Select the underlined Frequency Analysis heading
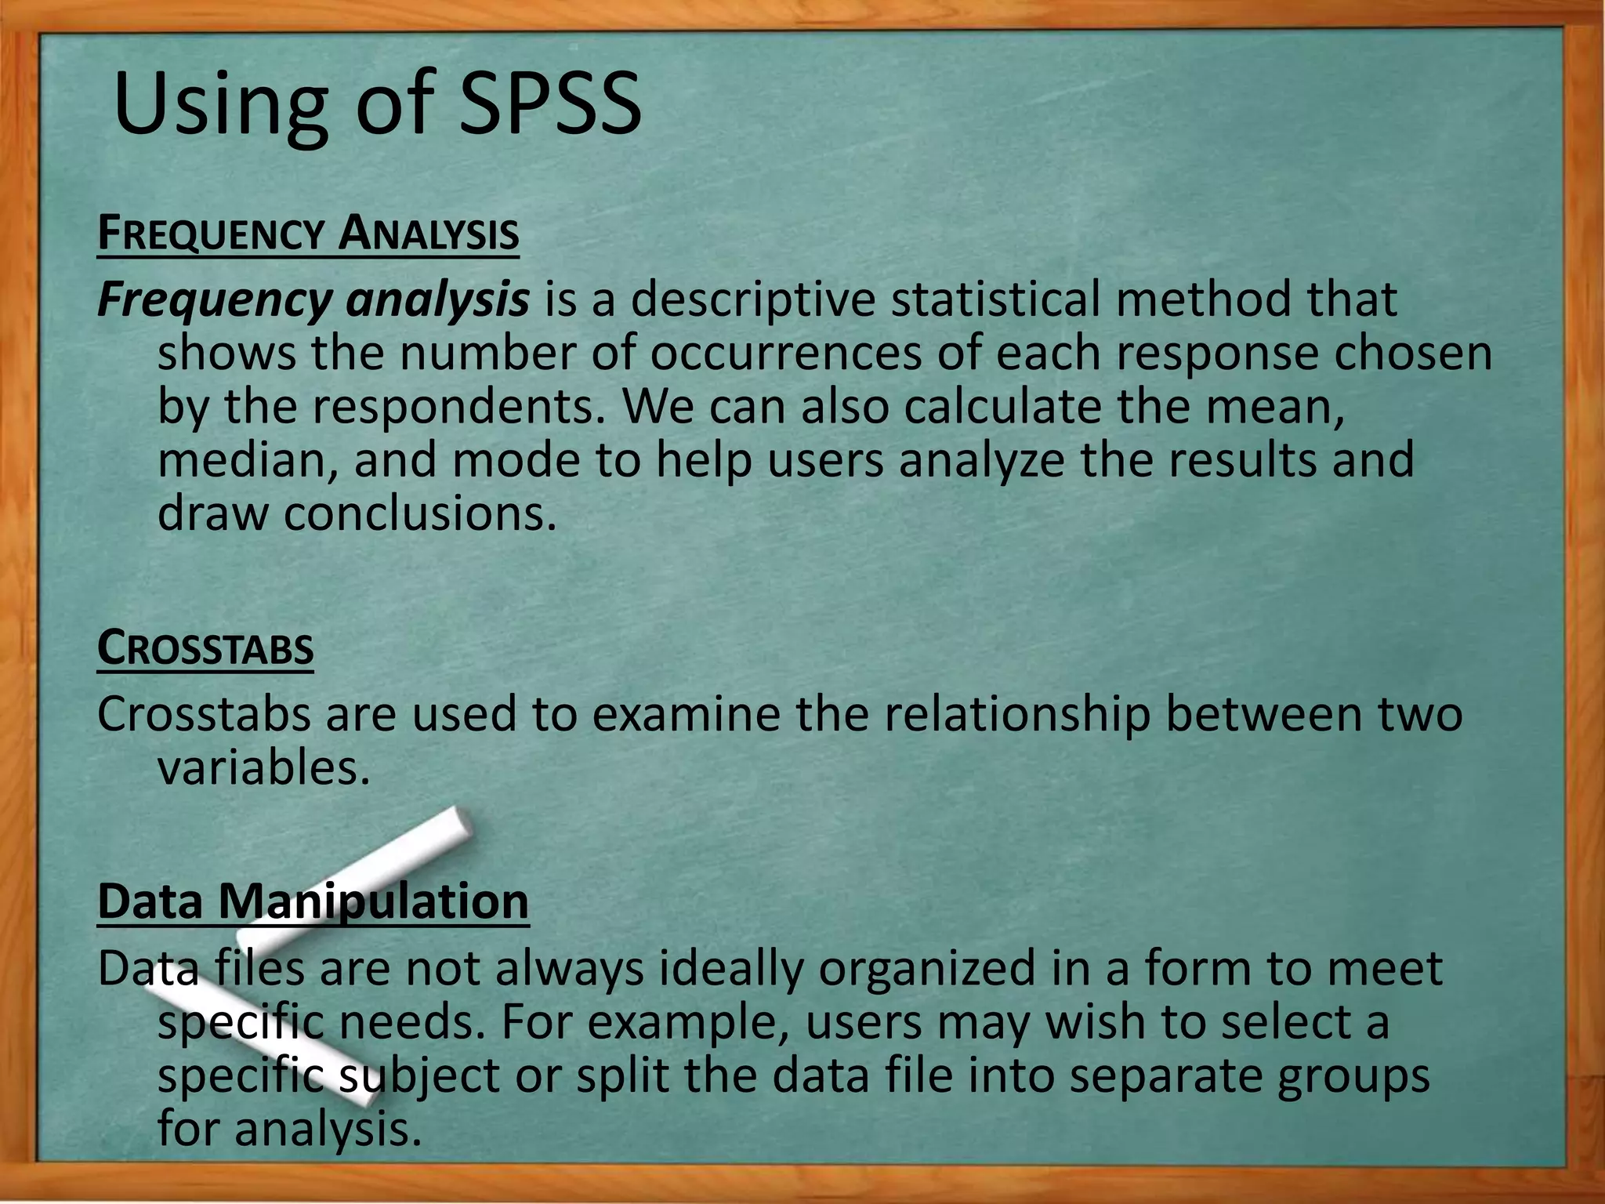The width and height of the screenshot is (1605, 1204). coord(308,234)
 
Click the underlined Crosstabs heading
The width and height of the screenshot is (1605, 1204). coord(205,649)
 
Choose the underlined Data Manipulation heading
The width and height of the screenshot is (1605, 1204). coord(313,901)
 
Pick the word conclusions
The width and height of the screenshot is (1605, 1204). coord(419,514)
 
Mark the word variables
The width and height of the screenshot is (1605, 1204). coord(263,768)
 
